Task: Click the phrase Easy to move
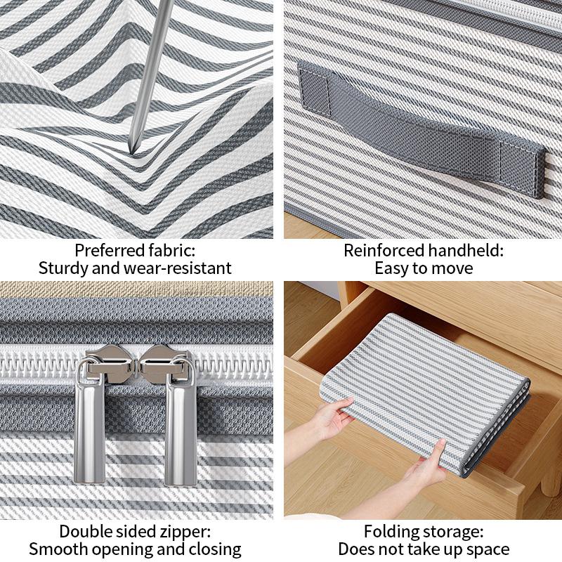(x=424, y=268)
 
